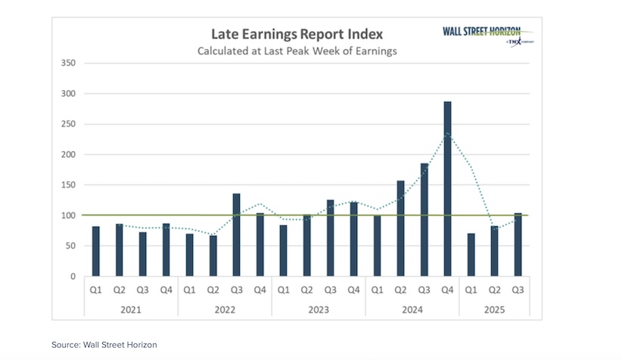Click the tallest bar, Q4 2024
coord(447,189)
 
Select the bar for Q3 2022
coord(236,235)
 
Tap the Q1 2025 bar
coord(471,255)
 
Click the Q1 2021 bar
coord(95,251)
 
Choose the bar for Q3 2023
coord(330,238)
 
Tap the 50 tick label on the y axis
coord(70,246)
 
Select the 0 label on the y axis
coord(72,277)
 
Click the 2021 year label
coord(130,309)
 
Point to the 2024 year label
coord(412,309)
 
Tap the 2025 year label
coord(494,309)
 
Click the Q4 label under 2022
coord(260,290)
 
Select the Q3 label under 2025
coord(518,290)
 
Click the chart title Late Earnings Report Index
coord(297,34)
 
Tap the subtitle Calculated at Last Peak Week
coord(297,51)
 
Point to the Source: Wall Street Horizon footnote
coord(104,345)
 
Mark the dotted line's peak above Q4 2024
coord(447,133)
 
